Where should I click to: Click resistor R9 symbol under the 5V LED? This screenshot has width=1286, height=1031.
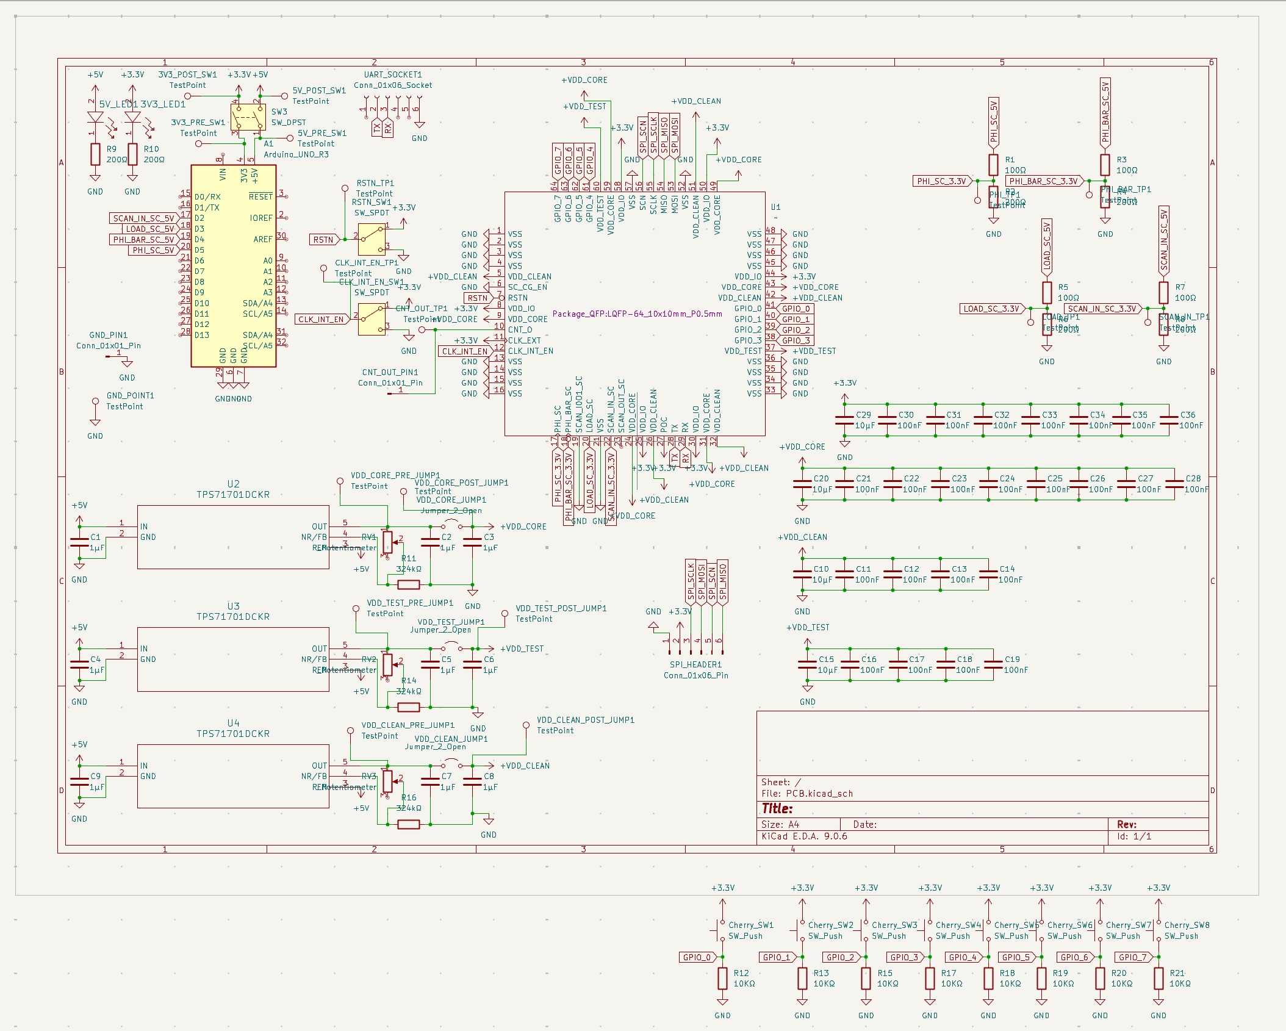point(95,154)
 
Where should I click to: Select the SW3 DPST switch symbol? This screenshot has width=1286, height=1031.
point(248,117)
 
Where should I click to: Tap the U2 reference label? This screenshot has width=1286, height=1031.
point(233,484)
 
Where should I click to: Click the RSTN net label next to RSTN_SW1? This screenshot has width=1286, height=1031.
point(323,240)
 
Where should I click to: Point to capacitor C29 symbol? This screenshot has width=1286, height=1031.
point(845,420)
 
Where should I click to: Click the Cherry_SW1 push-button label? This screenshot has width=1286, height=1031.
point(750,925)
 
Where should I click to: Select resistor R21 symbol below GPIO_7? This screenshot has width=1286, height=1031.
point(1158,979)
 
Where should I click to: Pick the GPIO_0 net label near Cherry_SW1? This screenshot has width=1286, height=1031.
point(697,957)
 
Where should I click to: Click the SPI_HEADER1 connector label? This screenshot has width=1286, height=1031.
point(695,664)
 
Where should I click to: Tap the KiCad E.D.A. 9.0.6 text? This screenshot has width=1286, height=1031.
point(804,836)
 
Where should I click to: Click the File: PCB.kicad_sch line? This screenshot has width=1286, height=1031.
point(806,794)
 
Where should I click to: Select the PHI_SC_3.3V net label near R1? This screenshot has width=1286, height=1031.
point(941,181)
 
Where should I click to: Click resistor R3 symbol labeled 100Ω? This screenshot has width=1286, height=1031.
point(1105,165)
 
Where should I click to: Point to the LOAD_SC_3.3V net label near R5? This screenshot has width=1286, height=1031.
point(991,309)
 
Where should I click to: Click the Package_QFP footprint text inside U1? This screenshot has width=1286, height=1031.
point(637,314)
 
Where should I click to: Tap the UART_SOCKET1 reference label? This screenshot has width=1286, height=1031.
point(392,74)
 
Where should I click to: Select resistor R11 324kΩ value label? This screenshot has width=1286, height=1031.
point(408,569)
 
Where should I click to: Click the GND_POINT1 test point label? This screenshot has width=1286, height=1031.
point(130,395)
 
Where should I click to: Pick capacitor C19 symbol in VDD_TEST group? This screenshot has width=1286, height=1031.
point(993,664)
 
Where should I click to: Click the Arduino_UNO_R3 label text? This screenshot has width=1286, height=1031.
point(296,154)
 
